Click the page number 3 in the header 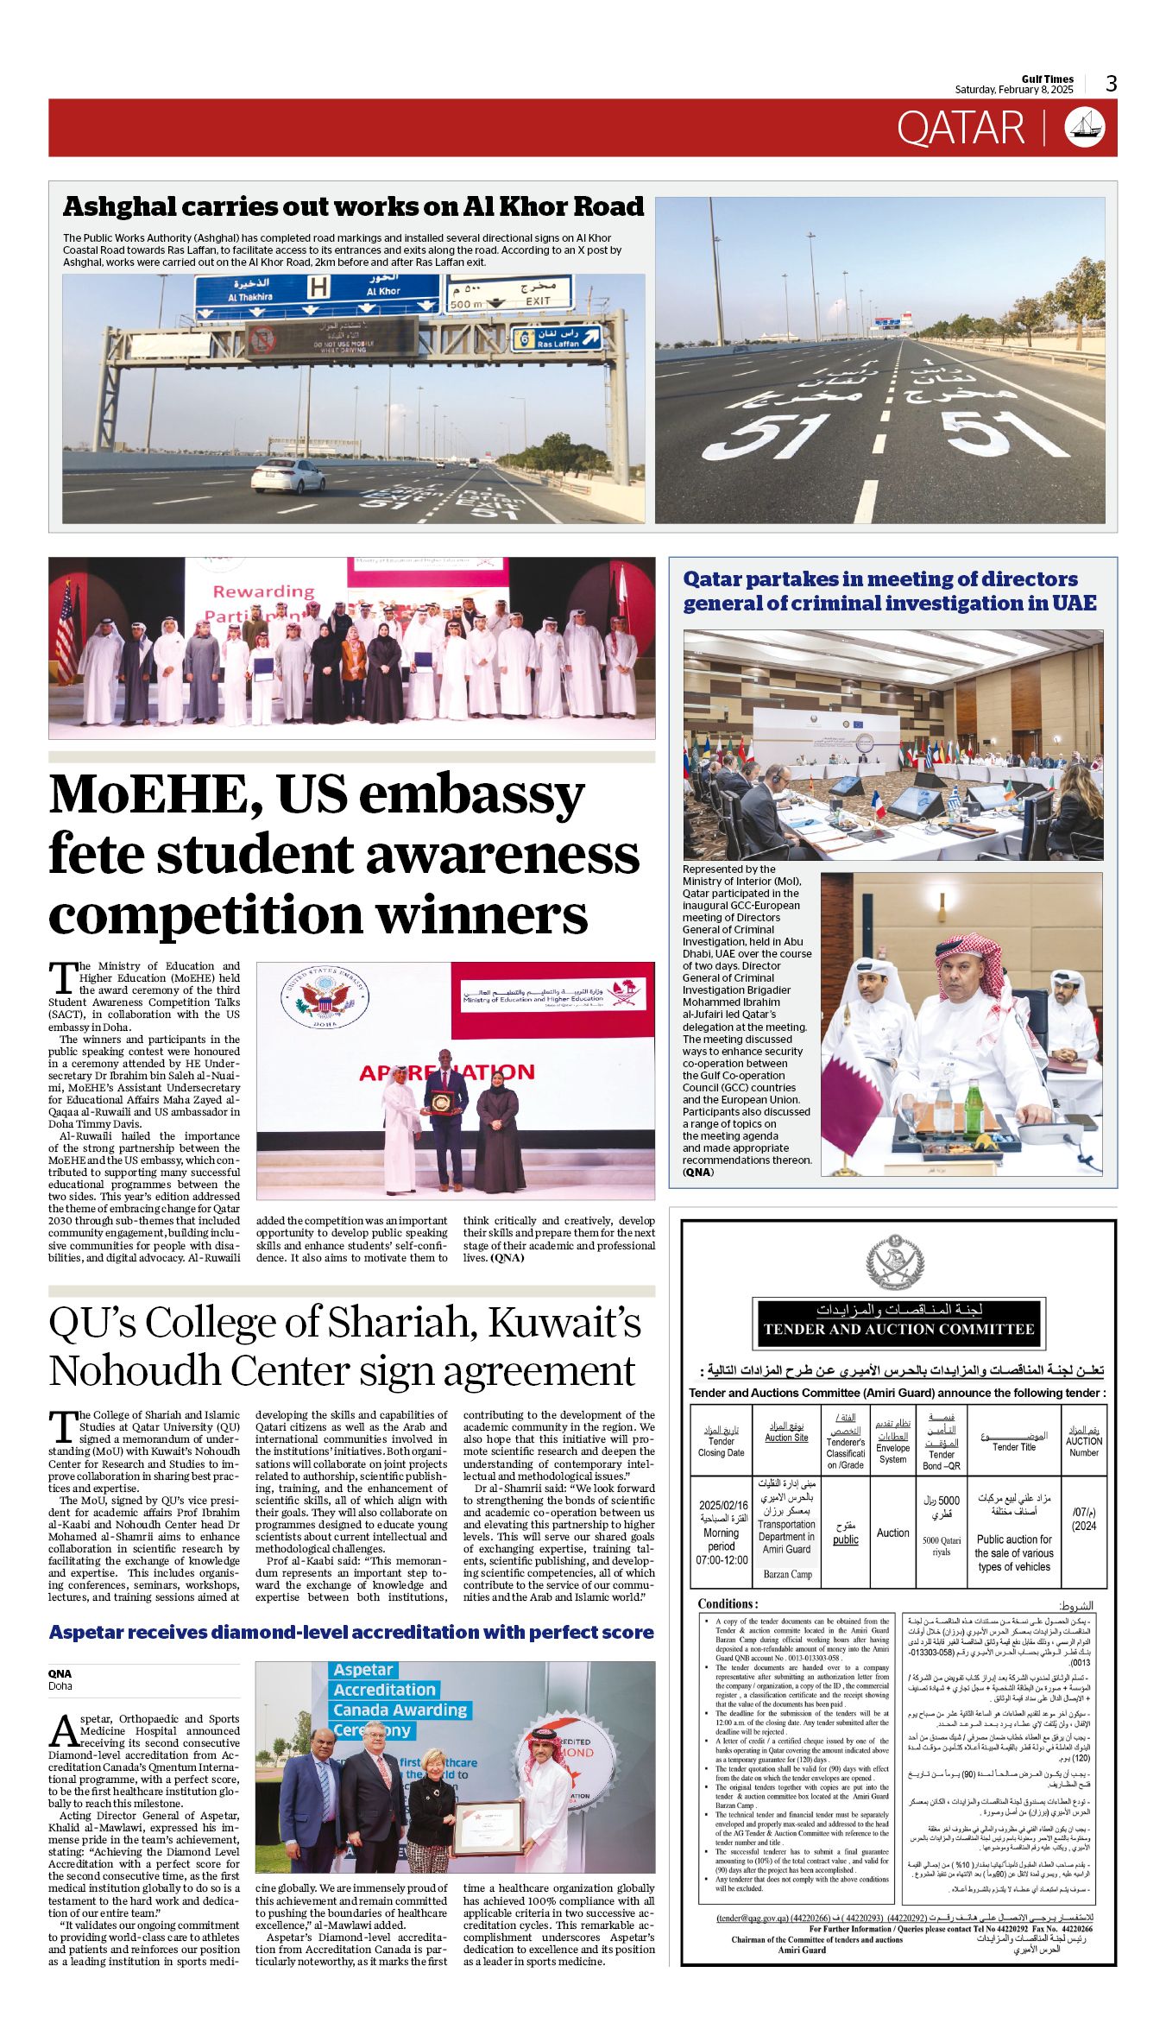pyautogui.click(x=1112, y=83)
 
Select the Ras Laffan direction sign pyautogui.click(x=557, y=338)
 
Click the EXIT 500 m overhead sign pyautogui.click(x=509, y=294)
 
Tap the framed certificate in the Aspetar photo pyautogui.click(x=488, y=1826)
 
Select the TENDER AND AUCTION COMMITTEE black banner pyautogui.click(x=898, y=1329)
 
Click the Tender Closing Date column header pyautogui.click(x=722, y=1441)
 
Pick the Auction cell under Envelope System pyautogui.click(x=892, y=1533)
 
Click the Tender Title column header pyautogui.click(x=1013, y=1441)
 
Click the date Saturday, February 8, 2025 pyautogui.click(x=1013, y=90)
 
